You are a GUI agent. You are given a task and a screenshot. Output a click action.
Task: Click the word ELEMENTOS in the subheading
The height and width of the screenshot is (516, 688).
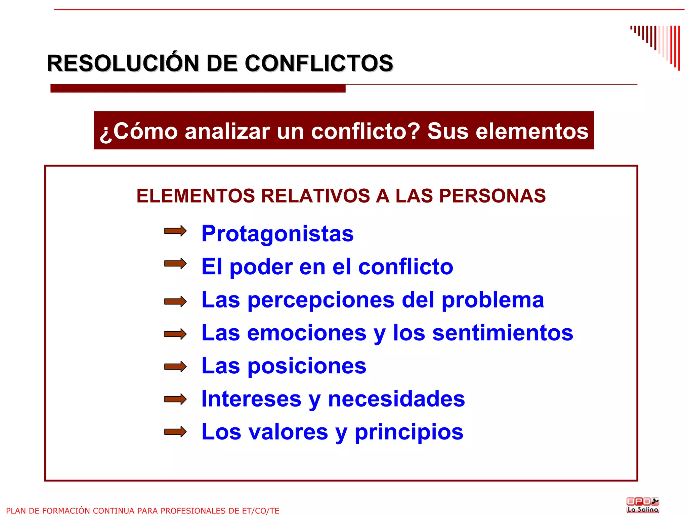pos(196,196)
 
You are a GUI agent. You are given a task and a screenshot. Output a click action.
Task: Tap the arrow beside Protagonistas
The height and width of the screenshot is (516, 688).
pos(175,231)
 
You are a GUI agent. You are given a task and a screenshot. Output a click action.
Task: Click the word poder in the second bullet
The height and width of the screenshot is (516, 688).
pos(261,267)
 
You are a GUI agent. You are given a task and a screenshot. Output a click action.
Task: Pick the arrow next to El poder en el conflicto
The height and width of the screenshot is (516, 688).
pos(175,264)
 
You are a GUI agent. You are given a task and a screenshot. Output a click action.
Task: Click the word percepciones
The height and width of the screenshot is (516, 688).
pos(321,300)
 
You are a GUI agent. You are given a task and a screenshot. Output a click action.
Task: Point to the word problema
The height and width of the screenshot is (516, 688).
pos(492,300)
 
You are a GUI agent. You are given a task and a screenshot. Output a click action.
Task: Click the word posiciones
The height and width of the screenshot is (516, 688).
pos(307,366)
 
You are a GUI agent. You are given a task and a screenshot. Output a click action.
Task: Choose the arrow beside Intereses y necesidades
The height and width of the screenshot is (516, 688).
pos(175,399)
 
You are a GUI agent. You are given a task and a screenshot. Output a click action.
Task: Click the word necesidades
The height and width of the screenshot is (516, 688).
pos(396,399)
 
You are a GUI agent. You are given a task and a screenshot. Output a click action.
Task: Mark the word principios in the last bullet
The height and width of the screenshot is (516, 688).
pos(409,432)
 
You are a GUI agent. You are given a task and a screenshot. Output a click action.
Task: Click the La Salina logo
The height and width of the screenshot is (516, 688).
pos(643,505)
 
